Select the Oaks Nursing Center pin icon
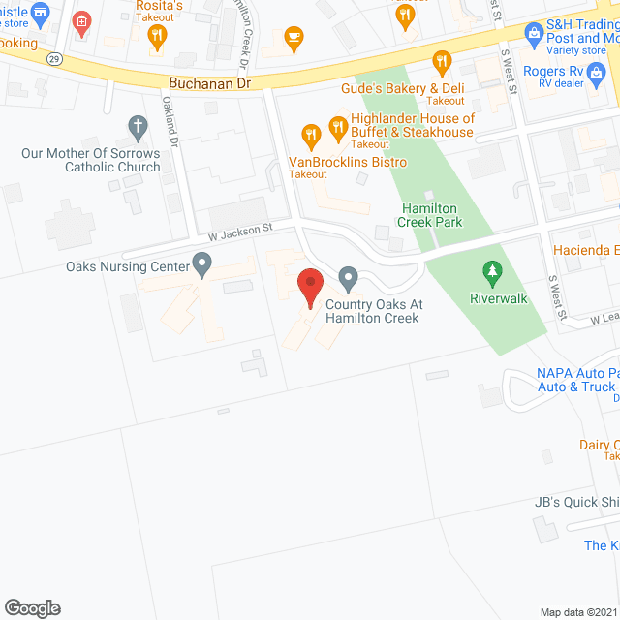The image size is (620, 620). pyautogui.click(x=201, y=263)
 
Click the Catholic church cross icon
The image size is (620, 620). pyautogui.click(x=138, y=127)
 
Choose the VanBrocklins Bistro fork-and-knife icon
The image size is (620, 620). pyautogui.click(x=311, y=136)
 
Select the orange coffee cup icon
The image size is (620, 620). pyautogui.click(x=293, y=37)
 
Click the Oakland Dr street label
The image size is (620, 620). pyautogui.click(x=170, y=121)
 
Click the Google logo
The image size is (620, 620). pyautogui.click(x=32, y=607)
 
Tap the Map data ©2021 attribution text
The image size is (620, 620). pyautogui.click(x=577, y=612)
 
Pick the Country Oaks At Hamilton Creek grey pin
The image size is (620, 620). pyautogui.click(x=349, y=280)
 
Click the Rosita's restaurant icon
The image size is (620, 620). pyautogui.click(x=158, y=37)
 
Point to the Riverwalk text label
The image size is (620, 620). pyautogui.click(x=499, y=298)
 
